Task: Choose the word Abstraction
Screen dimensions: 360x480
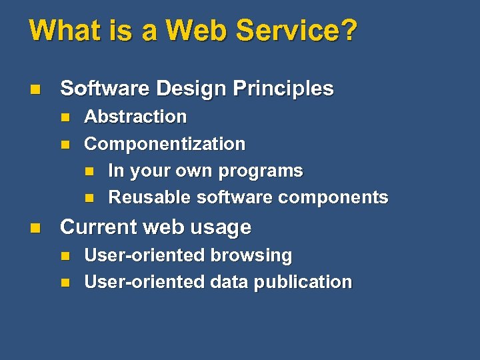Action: coord(135,117)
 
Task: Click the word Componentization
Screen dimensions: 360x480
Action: coord(165,144)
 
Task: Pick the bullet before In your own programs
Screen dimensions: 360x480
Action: coord(89,171)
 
